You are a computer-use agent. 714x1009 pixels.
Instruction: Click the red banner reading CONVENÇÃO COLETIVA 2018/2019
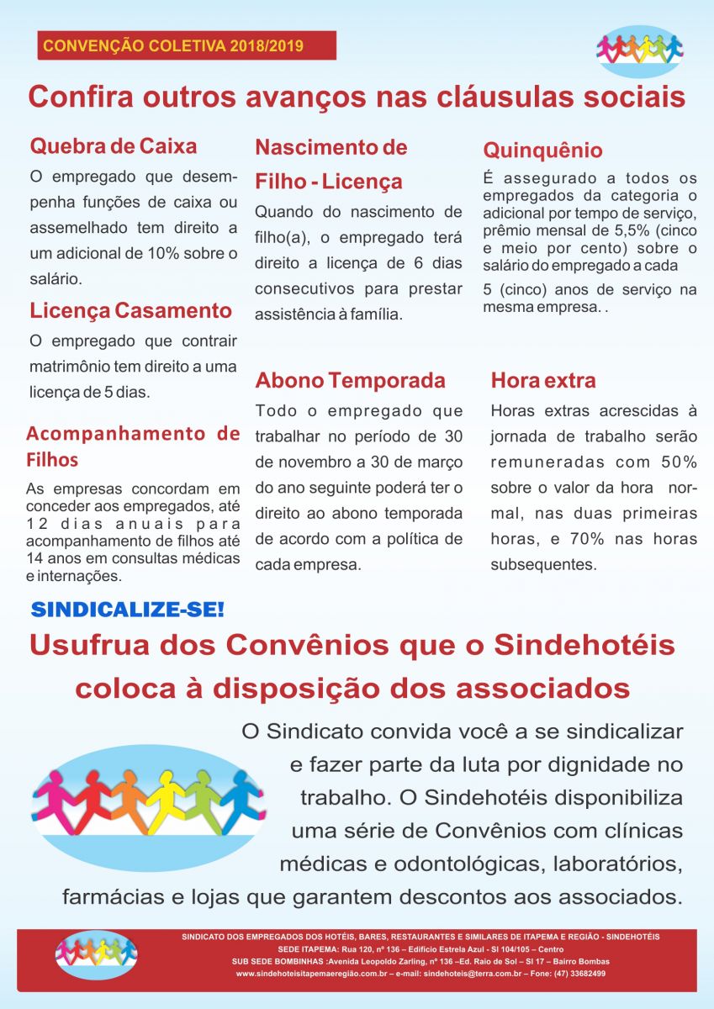[186, 45]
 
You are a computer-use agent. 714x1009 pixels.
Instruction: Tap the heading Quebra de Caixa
[114, 146]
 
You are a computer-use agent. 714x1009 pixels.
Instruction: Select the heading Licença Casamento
[131, 310]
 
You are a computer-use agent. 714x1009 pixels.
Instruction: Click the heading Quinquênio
[542, 151]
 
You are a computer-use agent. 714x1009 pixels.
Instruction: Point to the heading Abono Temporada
[350, 380]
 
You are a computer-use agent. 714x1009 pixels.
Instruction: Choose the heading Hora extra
[543, 380]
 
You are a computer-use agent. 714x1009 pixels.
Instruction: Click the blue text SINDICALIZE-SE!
[128, 609]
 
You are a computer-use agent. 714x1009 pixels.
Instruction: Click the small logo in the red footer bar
[96, 954]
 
